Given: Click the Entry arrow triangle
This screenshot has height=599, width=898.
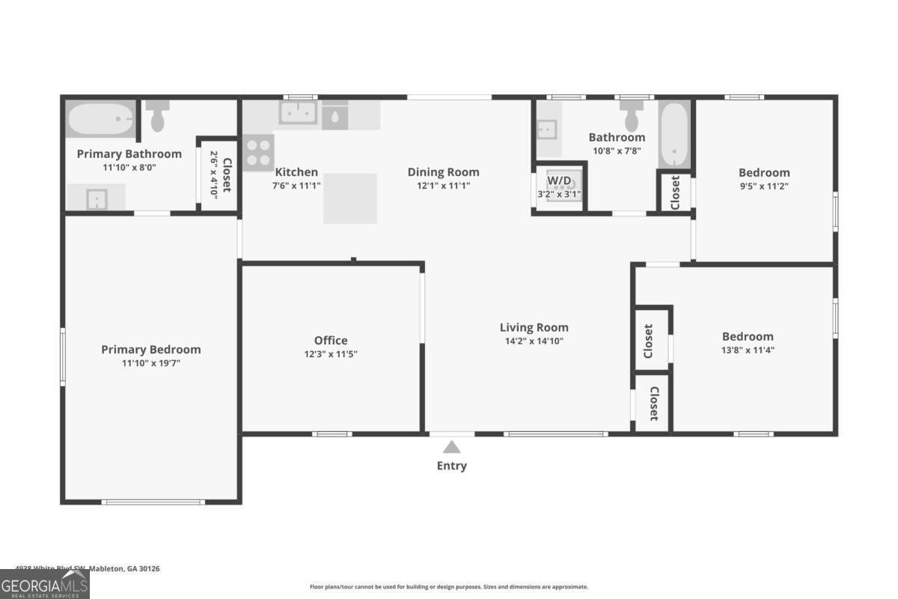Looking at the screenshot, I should (x=451, y=447).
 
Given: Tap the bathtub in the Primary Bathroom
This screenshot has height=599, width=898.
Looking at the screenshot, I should (x=102, y=119).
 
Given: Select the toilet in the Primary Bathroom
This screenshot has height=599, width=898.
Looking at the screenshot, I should (x=157, y=118).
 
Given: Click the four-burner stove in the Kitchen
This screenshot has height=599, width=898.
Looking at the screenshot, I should (x=258, y=152).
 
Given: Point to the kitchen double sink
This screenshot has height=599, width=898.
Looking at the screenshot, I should (x=298, y=114).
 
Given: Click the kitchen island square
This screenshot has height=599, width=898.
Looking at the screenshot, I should (x=349, y=198).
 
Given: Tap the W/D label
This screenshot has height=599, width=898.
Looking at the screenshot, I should (x=558, y=180).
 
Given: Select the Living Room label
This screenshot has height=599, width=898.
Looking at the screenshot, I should (x=534, y=327).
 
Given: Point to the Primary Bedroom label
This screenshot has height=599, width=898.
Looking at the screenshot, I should (x=151, y=350).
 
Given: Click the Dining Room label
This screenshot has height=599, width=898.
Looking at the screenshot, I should (x=443, y=172).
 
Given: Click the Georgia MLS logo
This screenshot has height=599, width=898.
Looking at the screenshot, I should (x=45, y=584).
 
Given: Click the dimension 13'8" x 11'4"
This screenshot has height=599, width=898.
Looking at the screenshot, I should (x=748, y=350).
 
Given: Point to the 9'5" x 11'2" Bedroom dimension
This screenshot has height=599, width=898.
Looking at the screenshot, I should (x=764, y=186).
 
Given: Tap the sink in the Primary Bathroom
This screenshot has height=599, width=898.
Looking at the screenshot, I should (x=96, y=198).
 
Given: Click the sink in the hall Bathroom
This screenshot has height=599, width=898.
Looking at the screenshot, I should (x=548, y=130).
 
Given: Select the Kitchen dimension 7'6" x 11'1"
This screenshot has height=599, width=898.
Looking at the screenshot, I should (x=296, y=186).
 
